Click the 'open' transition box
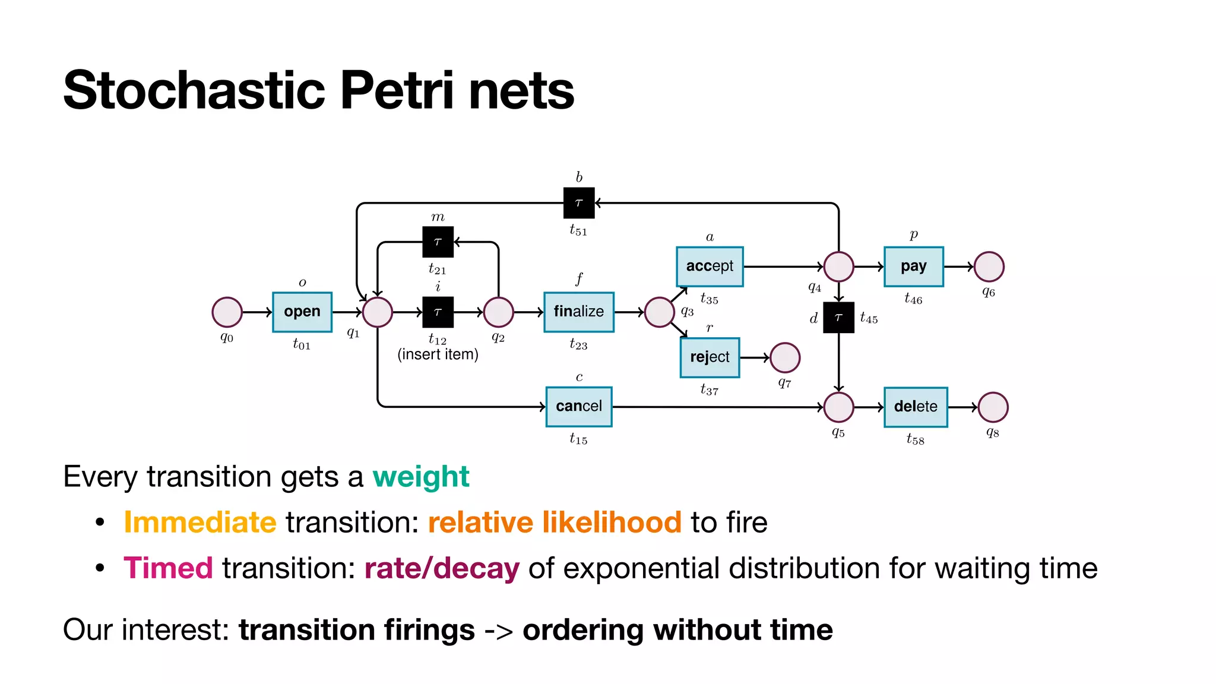(x=302, y=312)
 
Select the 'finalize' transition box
(x=578, y=312)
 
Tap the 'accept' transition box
(x=710, y=267)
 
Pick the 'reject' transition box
(x=710, y=357)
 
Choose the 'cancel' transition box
(x=578, y=407)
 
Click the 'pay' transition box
(x=913, y=267)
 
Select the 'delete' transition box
(x=915, y=407)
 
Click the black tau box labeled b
(x=578, y=203)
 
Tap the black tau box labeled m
(x=438, y=242)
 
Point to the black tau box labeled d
(x=838, y=318)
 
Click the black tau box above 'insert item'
(x=438, y=312)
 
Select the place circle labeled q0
(x=227, y=312)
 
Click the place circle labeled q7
(x=785, y=357)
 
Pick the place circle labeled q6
(x=989, y=267)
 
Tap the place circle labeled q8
(x=993, y=407)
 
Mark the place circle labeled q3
(x=659, y=312)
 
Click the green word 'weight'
(x=420, y=477)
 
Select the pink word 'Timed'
(x=168, y=568)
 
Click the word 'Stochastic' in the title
(x=194, y=90)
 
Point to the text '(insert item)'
(x=438, y=354)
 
